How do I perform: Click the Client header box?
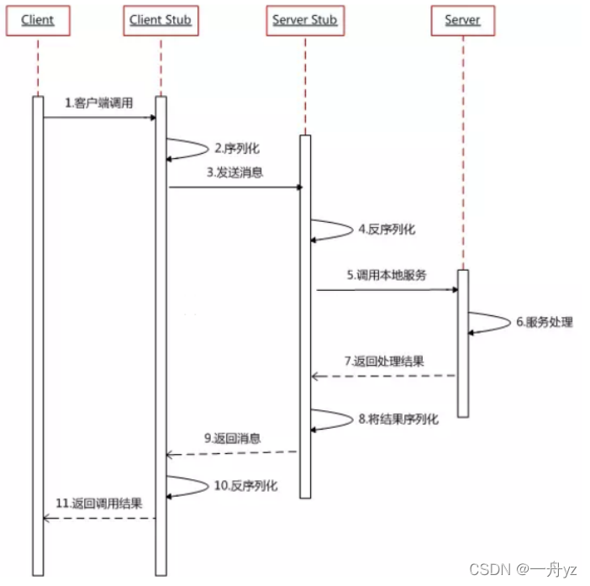tap(37, 20)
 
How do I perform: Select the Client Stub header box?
tap(161, 20)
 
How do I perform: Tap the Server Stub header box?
tap(305, 20)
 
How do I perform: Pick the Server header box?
tap(462, 20)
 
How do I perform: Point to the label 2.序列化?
tap(237, 148)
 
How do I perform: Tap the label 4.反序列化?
tap(386, 229)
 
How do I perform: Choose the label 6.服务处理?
tap(545, 321)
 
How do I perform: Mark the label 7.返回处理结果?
tap(384, 362)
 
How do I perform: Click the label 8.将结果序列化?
tap(398, 419)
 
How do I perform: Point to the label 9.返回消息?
tap(233, 438)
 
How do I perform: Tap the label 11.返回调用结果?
tap(99, 504)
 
